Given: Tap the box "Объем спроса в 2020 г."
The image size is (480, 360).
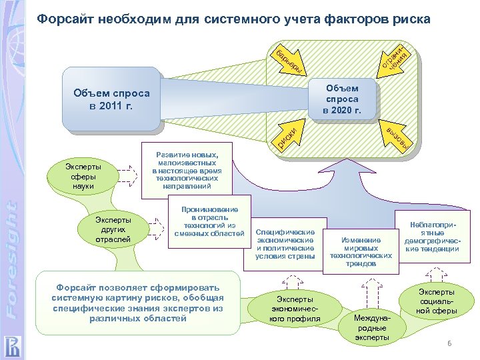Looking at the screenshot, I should pyautogui.click(x=342, y=99).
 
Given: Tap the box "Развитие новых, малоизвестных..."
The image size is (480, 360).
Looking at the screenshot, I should pyautogui.click(x=186, y=170).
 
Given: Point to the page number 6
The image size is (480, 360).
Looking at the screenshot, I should pyautogui.click(x=449, y=343).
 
